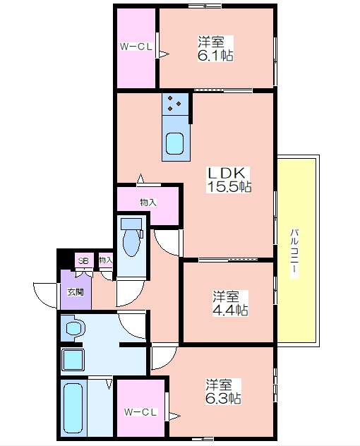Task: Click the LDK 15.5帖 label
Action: pyautogui.click(x=229, y=180)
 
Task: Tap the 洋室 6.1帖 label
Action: pyautogui.click(x=215, y=49)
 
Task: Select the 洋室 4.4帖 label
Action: pyautogui.click(x=230, y=303)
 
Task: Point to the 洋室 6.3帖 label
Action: pyautogui.click(x=223, y=392)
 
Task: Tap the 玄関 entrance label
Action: pyautogui.click(x=76, y=292)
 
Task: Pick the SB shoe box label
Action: pyautogui.click(x=83, y=260)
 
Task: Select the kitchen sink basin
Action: pyautogui.click(x=174, y=144)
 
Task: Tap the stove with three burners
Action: pyautogui.click(x=175, y=104)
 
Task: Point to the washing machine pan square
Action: pyautogui.click(x=73, y=359)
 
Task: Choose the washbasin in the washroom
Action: pyautogui.click(x=75, y=328)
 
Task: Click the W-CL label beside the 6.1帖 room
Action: pyautogui.click(x=136, y=47)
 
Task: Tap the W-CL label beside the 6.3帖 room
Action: pyautogui.click(x=140, y=412)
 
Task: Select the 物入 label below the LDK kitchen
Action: pyautogui.click(x=148, y=203)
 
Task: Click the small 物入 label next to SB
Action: pyautogui.click(x=106, y=260)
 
